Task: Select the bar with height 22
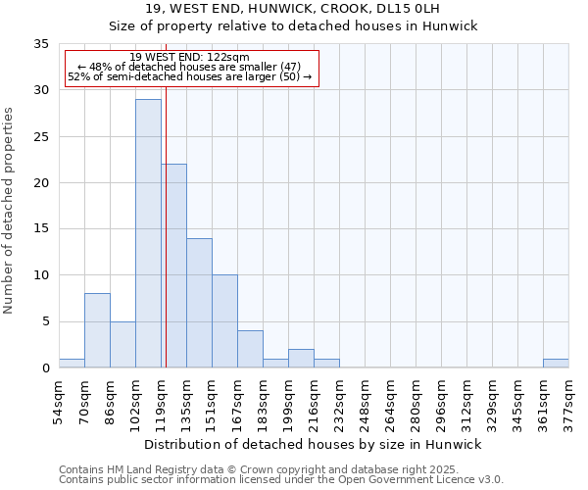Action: [x=173, y=266]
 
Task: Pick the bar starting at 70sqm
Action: [x=97, y=330]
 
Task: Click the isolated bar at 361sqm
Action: [x=556, y=364]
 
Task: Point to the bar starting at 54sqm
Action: [x=72, y=364]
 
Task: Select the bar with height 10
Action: [x=224, y=321]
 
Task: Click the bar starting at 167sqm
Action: [x=250, y=349]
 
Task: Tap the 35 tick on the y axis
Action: [x=41, y=44]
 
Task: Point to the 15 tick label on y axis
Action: [x=41, y=229]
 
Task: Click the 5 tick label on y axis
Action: [x=45, y=321]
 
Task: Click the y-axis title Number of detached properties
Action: [x=10, y=212]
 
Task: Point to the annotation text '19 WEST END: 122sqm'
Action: [x=190, y=58]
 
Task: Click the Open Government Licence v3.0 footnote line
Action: [x=281, y=480]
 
